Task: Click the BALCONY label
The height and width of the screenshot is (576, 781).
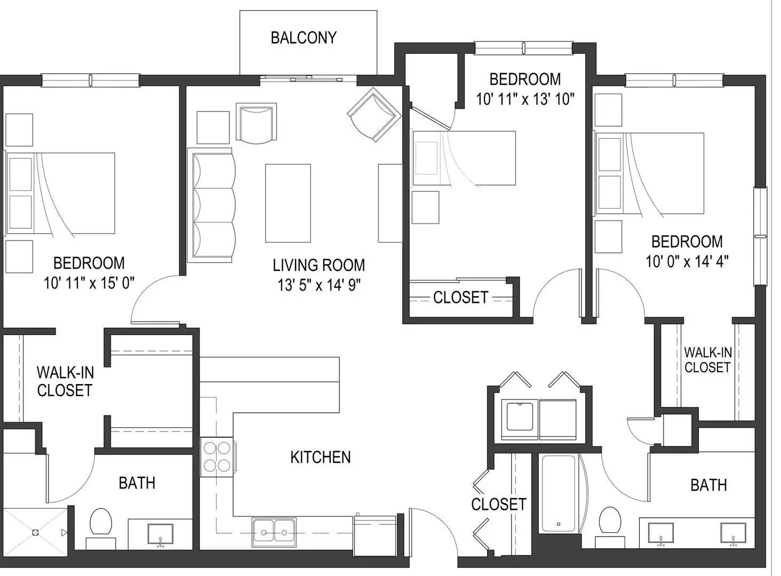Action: click(304, 38)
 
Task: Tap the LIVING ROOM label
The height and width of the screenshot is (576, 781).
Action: click(318, 266)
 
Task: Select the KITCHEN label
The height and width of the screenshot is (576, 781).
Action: click(321, 457)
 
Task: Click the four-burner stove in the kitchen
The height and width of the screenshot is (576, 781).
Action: click(218, 457)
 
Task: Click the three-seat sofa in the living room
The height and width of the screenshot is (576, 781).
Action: click(211, 205)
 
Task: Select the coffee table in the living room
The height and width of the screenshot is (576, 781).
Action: click(288, 203)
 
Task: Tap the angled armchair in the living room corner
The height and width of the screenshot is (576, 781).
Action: click(374, 115)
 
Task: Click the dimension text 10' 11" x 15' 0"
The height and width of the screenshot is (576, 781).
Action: click(89, 283)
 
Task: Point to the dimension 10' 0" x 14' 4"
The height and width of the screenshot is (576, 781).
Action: click(687, 261)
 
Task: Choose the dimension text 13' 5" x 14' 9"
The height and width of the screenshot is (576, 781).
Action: click(318, 285)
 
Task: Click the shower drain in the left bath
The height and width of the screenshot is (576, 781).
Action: click(35, 532)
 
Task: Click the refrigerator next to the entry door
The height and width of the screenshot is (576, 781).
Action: click(375, 536)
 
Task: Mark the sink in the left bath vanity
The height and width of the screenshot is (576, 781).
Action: click(161, 534)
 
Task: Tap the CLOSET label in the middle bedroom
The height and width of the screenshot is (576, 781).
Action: click(460, 298)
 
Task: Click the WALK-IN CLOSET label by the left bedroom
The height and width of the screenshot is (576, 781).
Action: click(65, 381)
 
